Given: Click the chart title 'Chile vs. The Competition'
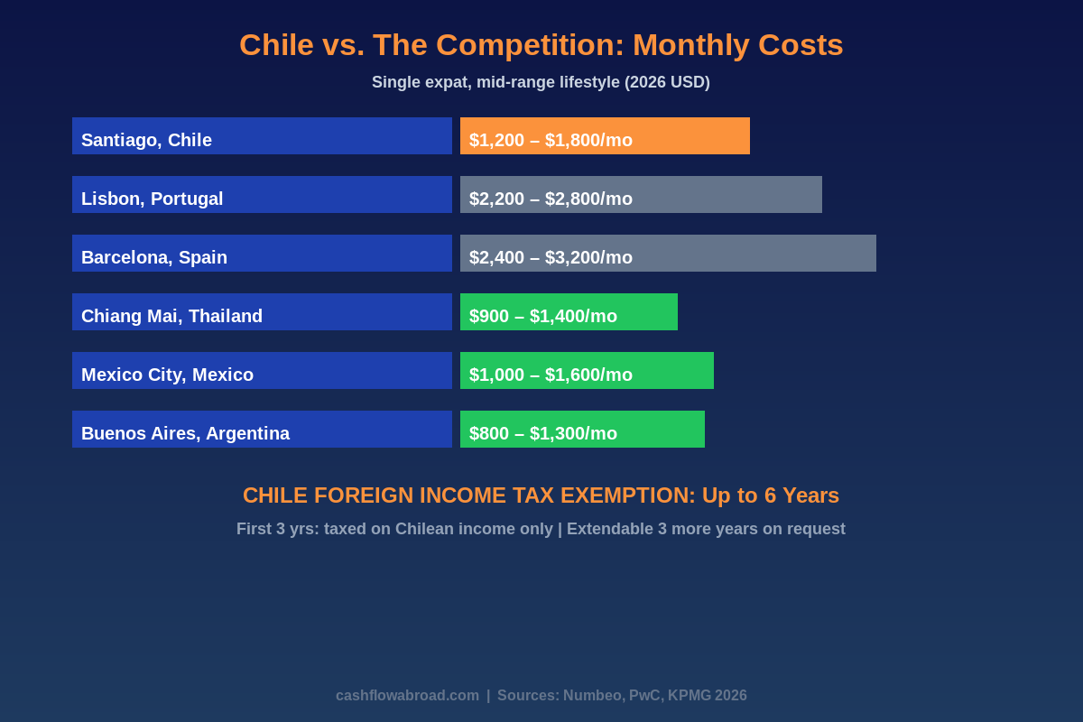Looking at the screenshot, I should pos(541,45).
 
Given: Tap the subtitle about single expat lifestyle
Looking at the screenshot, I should pos(541,82).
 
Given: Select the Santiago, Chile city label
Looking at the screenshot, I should pos(146,140).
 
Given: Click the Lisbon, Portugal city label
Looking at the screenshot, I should pos(152,199).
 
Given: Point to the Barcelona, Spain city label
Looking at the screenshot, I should pos(154,257).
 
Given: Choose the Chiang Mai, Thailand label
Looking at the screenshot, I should pos(171,316).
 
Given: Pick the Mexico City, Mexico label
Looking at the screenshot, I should pos(167,375).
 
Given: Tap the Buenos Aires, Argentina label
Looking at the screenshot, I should pos(185,433).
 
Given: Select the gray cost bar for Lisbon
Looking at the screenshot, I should pos(731,194).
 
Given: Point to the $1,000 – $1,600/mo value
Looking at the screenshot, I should pos(551,375).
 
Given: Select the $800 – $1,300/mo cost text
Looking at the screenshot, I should pos(543,433).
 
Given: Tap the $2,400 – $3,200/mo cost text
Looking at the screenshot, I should pos(551,257).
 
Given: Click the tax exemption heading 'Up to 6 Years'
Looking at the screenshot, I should pos(770,495).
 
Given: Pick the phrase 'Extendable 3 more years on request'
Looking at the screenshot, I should pos(706,529).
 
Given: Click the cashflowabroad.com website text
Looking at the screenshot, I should pos(407,696).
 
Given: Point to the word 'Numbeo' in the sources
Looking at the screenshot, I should pos(592,696).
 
